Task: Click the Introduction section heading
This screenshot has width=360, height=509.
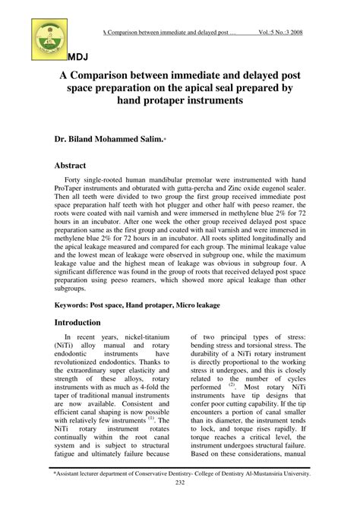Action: [85, 343]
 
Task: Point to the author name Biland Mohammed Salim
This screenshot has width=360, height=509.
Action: [130, 140]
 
